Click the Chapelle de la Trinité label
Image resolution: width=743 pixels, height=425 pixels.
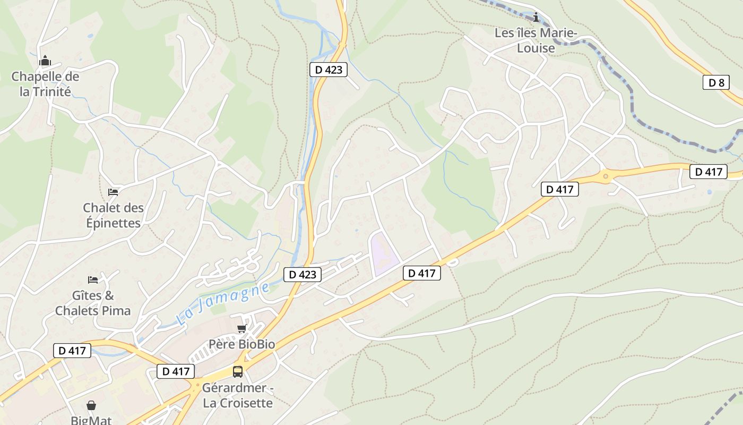tap(45, 84)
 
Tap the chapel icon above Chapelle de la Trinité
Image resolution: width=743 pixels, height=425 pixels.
tap(45, 61)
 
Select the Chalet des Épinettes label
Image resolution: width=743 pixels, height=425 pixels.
tap(113, 215)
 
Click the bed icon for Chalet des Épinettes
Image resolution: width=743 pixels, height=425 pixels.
tap(113, 192)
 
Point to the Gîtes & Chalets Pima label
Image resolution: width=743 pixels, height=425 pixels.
tap(93, 303)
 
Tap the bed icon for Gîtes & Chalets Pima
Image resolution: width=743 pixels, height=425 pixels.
tap(93, 279)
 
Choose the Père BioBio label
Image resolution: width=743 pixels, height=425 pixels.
tap(241, 344)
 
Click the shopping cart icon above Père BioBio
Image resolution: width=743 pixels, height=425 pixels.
tap(241, 329)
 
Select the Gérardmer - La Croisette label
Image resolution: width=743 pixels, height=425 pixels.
tap(237, 395)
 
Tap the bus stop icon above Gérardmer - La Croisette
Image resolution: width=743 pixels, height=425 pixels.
tap(237, 372)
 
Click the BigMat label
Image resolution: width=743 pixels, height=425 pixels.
tap(91, 420)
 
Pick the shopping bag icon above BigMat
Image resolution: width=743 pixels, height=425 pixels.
tap(91, 405)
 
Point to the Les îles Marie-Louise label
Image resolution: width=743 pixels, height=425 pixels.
tap(535, 40)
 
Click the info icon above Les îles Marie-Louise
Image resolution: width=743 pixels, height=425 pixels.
tap(536, 18)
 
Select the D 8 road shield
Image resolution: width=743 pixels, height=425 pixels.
tap(716, 82)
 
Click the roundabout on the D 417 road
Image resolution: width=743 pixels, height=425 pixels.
tap(605, 176)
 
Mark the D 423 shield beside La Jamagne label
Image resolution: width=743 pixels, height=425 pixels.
tap(303, 274)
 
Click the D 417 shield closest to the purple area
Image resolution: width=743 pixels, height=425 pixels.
tap(422, 273)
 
